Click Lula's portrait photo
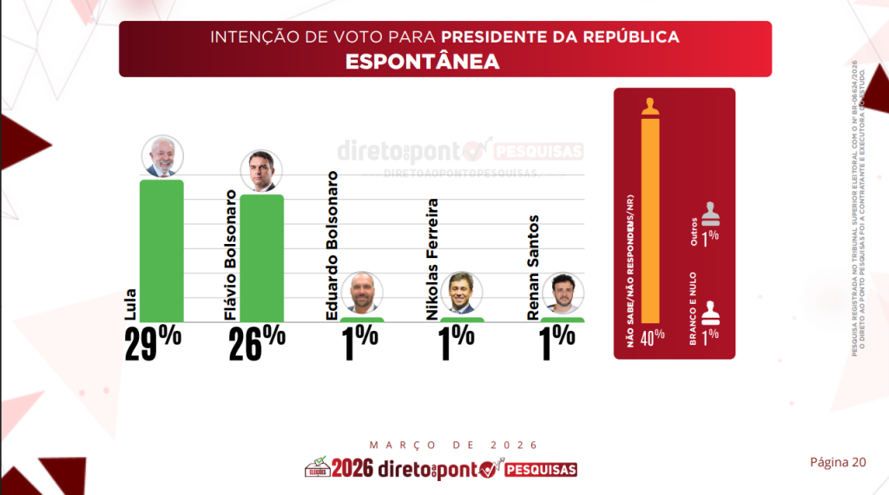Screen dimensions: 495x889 162,156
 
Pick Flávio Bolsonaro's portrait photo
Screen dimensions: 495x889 261,170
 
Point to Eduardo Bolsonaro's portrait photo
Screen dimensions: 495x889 361,293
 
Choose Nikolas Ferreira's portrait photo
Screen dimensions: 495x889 461,293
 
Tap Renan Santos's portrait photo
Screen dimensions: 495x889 563,293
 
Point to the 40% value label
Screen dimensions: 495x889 652,336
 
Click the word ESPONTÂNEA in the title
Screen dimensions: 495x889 422,62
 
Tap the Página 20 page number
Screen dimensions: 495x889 838,462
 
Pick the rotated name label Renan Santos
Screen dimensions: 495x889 535,267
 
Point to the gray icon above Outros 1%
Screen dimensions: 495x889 712,213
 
